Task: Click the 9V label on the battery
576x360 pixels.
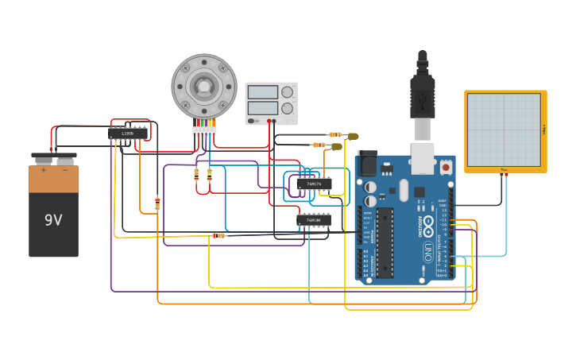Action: pos(53,220)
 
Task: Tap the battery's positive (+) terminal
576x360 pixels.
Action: pos(44,159)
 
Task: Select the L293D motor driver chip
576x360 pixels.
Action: pos(128,134)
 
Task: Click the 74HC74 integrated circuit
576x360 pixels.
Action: pos(314,184)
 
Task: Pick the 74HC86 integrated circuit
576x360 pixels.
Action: pos(314,220)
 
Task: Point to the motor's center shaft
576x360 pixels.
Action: pos(204,85)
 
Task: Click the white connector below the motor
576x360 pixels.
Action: pos(204,131)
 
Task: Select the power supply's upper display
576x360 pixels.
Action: pos(262,92)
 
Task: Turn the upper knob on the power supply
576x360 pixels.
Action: pos(286,92)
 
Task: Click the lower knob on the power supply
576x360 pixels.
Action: pos(286,108)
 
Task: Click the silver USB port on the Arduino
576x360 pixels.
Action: pos(422,157)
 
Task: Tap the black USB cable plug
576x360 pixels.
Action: pos(422,91)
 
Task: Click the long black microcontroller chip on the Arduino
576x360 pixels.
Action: pos(385,242)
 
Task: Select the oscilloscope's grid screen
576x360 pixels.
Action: pos(504,130)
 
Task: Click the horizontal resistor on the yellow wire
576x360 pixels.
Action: pos(218,235)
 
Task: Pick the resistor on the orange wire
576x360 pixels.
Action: pos(157,203)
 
